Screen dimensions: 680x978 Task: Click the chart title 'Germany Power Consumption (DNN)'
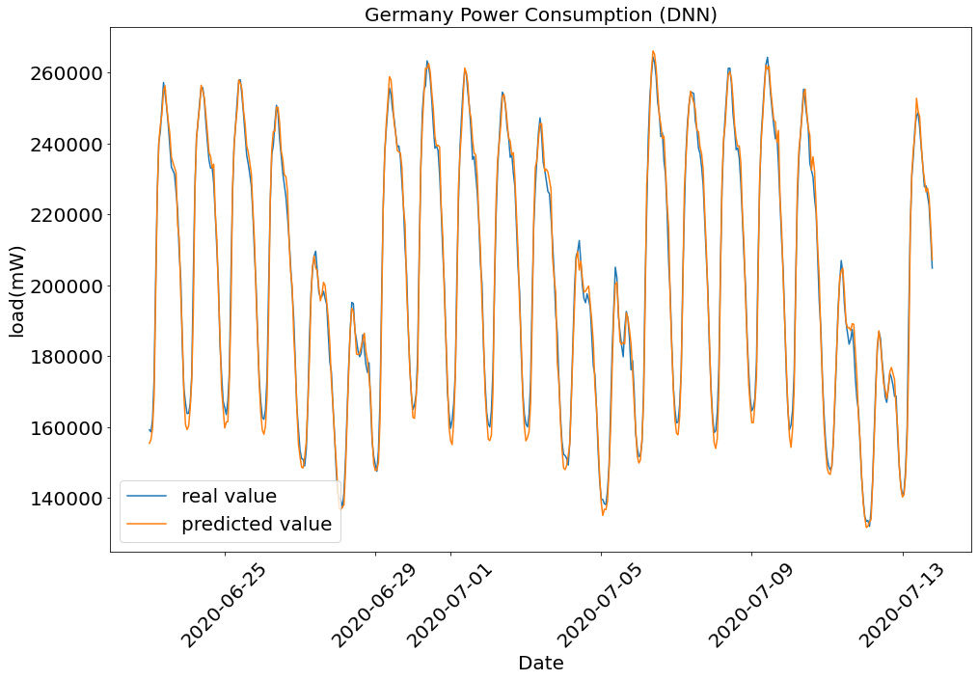(x=541, y=14)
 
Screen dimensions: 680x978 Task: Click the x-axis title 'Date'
(x=541, y=663)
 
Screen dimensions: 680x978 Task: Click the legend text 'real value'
(x=229, y=496)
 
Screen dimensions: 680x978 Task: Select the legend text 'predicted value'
(x=257, y=524)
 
